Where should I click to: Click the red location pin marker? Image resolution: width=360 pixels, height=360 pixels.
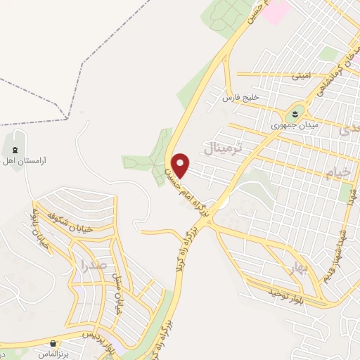(x=181, y=165)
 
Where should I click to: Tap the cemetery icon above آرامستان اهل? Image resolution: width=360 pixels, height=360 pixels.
(x=15, y=149)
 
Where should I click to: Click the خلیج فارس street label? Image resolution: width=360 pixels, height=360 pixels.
(x=241, y=98)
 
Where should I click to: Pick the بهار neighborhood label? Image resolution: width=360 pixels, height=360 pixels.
(x=287, y=268)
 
